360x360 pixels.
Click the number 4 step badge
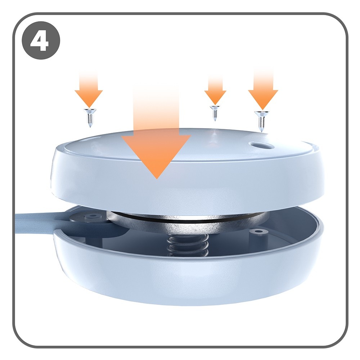(x=41, y=41)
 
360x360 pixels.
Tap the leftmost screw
(x=90, y=118)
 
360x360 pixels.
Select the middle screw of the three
(x=215, y=113)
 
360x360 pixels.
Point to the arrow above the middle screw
(x=215, y=90)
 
